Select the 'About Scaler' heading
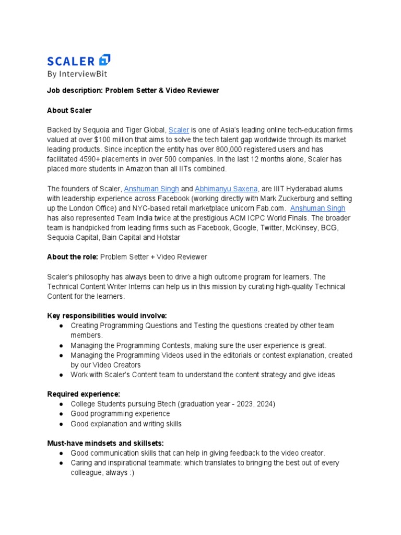tap(70, 110)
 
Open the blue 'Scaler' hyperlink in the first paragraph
tap(179, 130)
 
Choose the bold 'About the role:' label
tap(72, 257)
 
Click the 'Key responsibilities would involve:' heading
tap(107, 316)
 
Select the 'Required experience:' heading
tap(84, 394)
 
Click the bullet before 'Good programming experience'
tap(61, 414)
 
